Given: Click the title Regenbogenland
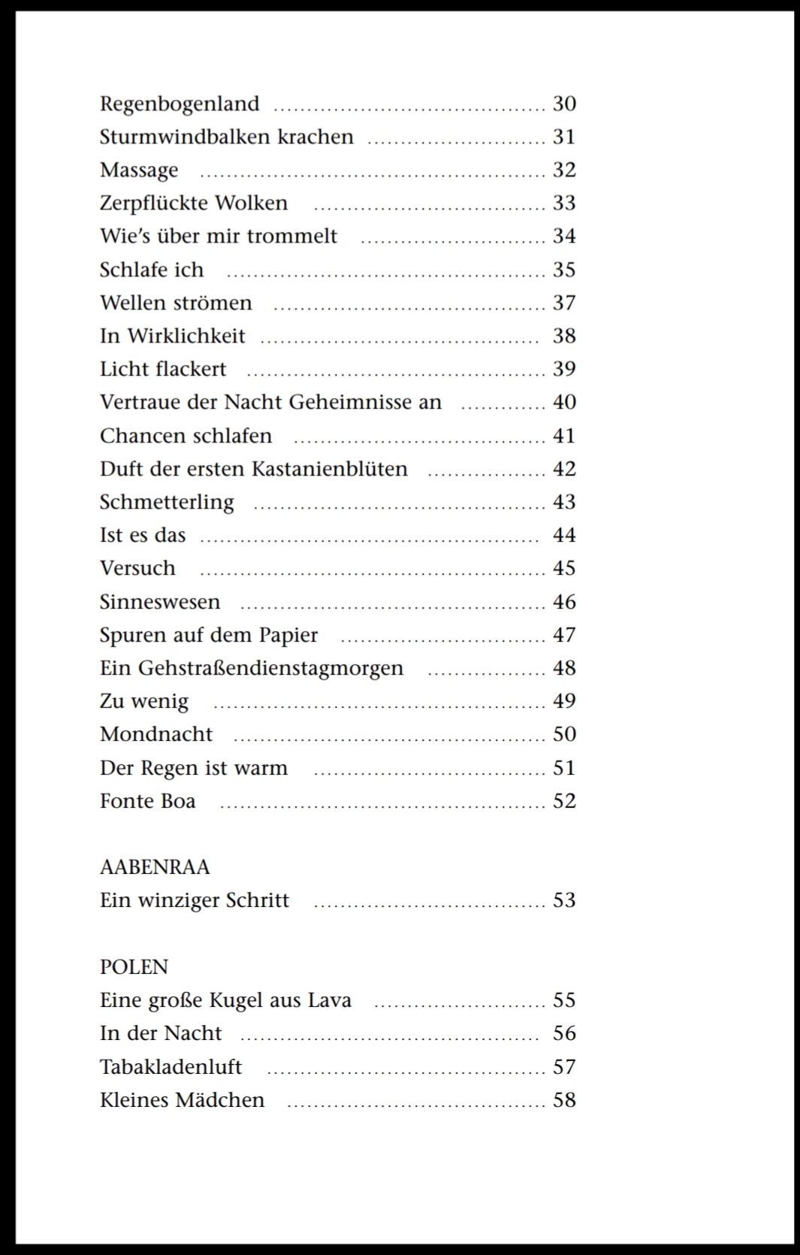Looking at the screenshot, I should coord(180,104).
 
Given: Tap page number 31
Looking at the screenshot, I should coord(564,137).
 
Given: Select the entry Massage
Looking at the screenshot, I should coord(139,171).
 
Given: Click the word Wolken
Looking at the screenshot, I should coord(252,203).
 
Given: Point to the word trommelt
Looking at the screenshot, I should coord(292,236).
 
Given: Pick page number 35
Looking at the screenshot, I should coord(564,270).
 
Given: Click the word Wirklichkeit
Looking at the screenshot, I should coord(186,336).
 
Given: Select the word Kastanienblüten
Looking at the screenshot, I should coord(329,469).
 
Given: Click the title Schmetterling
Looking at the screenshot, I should coord(167,502).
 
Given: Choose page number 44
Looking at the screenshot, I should coord(564,535).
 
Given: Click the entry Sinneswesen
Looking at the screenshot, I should coord(160,602).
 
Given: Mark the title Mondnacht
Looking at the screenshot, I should coord(156,734).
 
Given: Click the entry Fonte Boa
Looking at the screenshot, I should coord(147,801).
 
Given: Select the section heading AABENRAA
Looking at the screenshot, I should coord(155,867).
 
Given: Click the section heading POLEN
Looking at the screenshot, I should coord(134,967).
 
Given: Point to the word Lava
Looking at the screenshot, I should coord(330,1000).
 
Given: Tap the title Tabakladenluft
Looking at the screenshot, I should coord(171,1067).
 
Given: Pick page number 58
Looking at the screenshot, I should coord(564,1100).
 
